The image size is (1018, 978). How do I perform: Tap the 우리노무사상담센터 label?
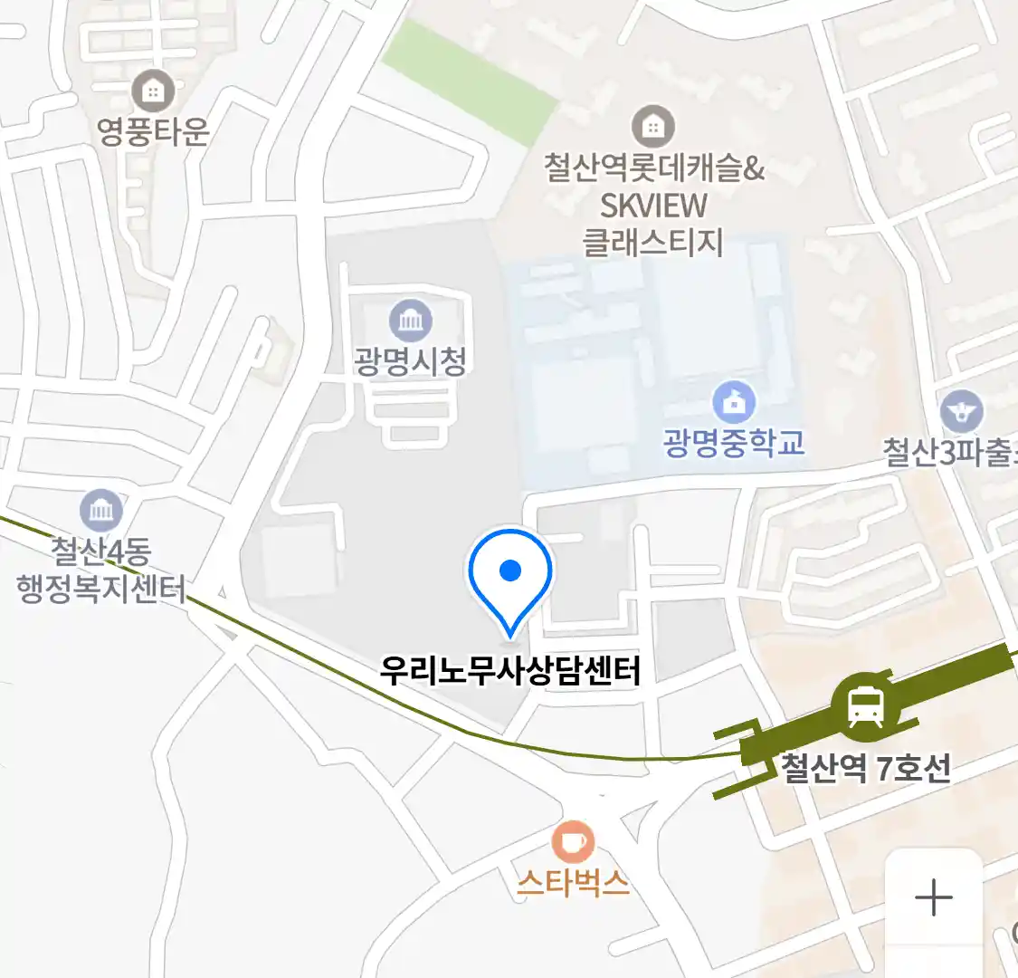tap(510, 671)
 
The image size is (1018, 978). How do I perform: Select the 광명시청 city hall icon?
tap(411, 320)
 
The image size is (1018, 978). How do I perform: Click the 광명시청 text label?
tap(411, 361)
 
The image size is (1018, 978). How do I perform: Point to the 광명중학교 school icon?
tap(734, 401)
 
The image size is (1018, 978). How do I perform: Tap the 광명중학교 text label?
tap(734, 443)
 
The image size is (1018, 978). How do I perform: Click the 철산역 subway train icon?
tap(866, 705)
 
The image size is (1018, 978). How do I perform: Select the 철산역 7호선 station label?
tap(865, 769)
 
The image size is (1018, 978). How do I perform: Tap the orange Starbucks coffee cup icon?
tap(573, 842)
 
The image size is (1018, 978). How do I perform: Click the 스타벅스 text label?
tap(573, 881)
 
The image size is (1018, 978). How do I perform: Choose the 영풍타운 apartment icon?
tap(153, 91)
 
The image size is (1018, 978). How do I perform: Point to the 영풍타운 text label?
tap(153, 131)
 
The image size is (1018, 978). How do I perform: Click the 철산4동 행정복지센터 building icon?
tap(100, 511)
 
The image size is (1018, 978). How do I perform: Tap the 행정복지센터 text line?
tap(100, 590)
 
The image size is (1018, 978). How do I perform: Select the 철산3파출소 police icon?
tap(961, 411)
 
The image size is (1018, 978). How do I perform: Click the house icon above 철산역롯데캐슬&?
tap(652, 127)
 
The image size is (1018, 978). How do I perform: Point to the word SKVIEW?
tap(653, 206)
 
